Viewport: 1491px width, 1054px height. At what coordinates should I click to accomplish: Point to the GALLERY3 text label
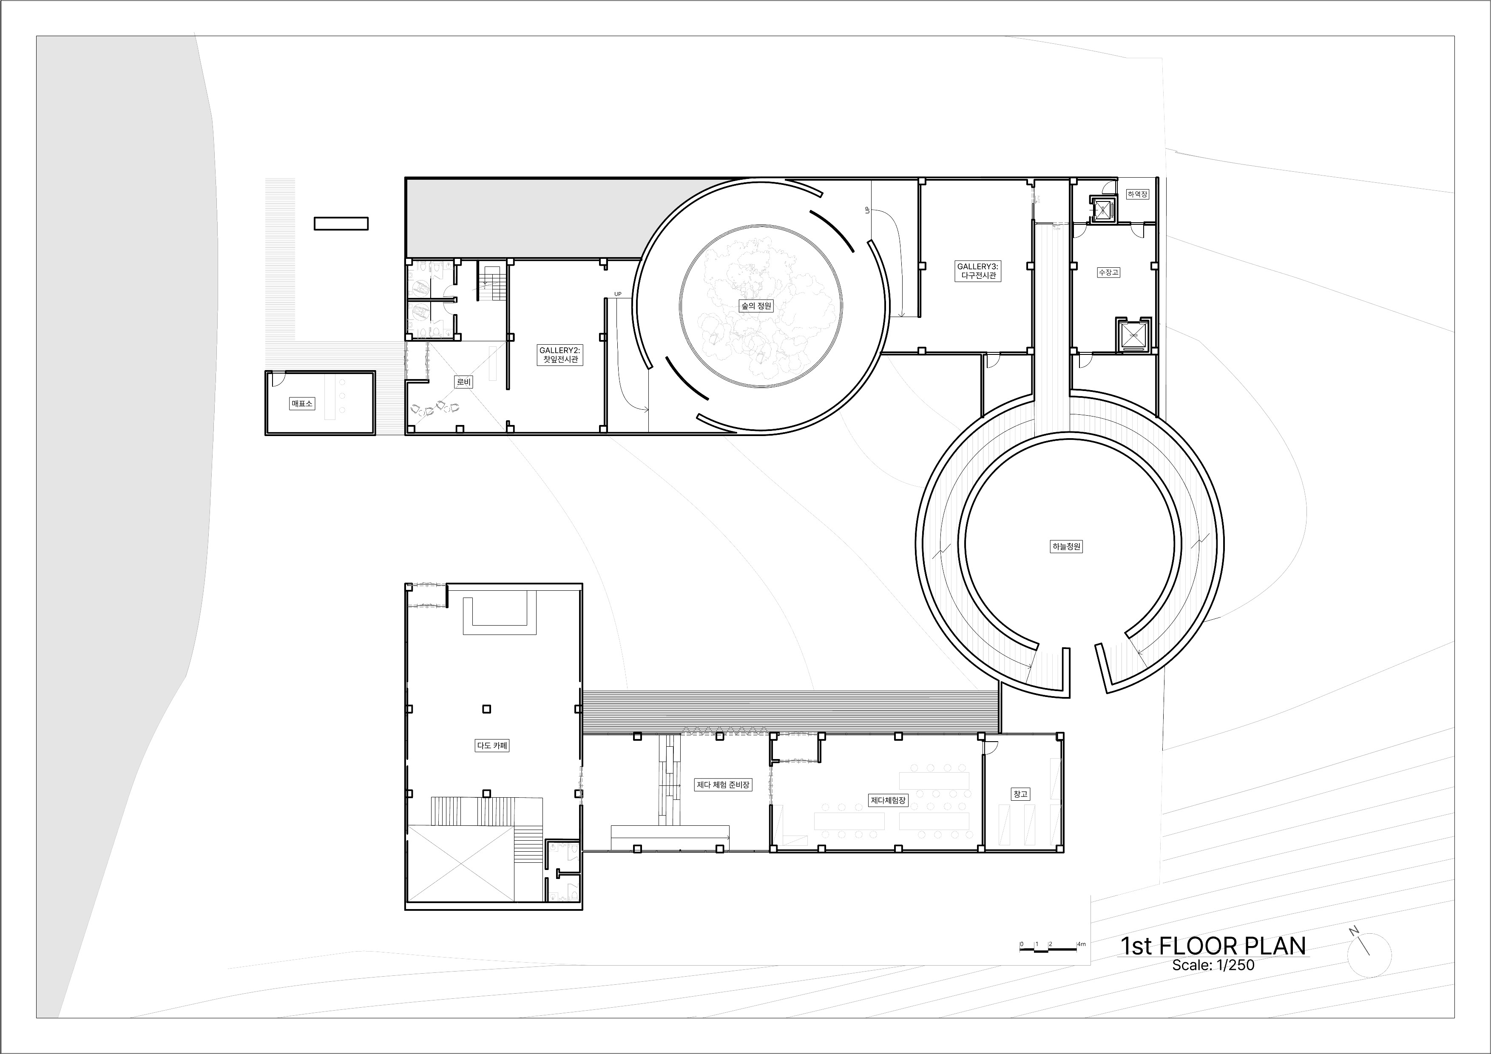pyautogui.click(x=977, y=266)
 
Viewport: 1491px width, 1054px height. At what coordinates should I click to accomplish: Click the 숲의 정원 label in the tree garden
pyautogui.click(x=756, y=305)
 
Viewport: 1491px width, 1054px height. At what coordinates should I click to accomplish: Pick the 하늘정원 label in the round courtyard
pyautogui.click(x=1066, y=547)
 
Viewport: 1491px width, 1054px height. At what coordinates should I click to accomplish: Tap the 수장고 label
pyautogui.click(x=1108, y=272)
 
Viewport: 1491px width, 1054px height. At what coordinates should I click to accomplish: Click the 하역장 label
pyautogui.click(x=1137, y=193)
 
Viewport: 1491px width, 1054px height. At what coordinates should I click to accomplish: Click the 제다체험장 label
pyautogui.click(x=888, y=800)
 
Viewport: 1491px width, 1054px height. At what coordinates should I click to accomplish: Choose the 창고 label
pyautogui.click(x=1020, y=794)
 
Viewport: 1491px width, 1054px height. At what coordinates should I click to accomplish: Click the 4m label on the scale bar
pyautogui.click(x=1081, y=943)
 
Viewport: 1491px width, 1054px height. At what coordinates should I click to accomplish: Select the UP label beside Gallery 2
pyautogui.click(x=618, y=294)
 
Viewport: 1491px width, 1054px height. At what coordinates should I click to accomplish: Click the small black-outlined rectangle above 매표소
pyautogui.click(x=341, y=223)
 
